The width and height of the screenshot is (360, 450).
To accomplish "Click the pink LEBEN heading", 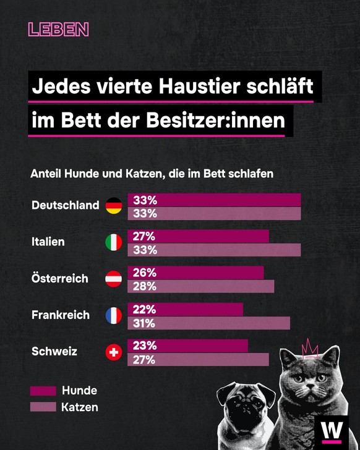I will point(59,29).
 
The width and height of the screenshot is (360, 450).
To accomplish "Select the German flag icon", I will point(114,206).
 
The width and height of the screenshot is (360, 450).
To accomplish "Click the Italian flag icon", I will point(114,242).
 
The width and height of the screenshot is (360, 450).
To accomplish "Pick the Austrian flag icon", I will point(114,279).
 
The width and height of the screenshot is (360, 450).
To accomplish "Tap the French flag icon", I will point(114,315).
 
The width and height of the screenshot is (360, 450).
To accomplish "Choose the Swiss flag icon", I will point(114,352).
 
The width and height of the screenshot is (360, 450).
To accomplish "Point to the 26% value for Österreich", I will point(144,273).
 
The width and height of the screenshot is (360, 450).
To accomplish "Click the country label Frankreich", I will point(60,315).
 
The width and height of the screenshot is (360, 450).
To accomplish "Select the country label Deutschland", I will point(65,205).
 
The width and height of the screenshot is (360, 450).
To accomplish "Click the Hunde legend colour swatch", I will point(43,391).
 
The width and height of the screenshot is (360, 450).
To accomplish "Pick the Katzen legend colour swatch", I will point(43,407).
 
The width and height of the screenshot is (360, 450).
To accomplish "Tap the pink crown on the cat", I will point(309,349).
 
